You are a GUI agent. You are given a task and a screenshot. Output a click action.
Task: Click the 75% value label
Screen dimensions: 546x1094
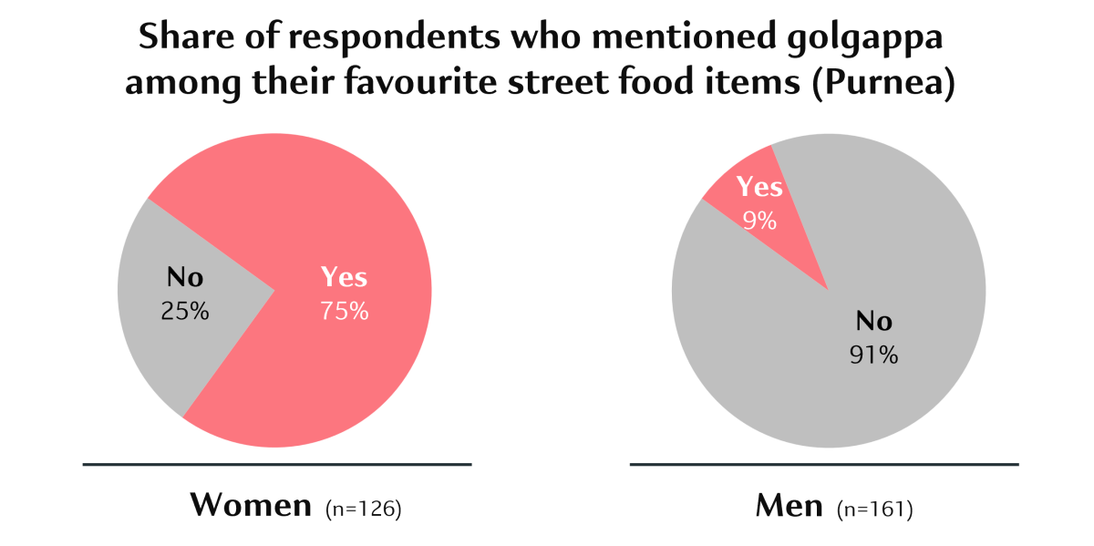[x=344, y=311]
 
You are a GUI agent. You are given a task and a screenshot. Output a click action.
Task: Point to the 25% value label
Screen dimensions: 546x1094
[x=185, y=311]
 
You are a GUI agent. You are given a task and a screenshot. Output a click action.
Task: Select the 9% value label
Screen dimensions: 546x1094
[x=759, y=220]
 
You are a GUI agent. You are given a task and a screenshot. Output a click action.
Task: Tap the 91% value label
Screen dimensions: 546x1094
[x=873, y=355]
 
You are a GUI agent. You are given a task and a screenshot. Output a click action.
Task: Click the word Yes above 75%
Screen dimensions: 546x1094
[x=344, y=278]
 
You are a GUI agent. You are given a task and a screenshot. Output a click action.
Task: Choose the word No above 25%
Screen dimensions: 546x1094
[x=185, y=278]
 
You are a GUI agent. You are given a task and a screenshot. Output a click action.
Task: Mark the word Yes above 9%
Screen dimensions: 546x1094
[x=759, y=187]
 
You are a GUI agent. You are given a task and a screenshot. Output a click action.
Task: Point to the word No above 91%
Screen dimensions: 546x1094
[x=873, y=322]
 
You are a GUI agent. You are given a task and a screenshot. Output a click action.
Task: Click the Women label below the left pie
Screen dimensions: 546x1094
[x=251, y=506]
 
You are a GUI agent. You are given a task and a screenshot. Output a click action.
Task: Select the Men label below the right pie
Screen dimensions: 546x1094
[x=790, y=506]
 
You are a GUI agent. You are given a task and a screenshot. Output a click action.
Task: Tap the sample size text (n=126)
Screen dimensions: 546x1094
[x=364, y=509]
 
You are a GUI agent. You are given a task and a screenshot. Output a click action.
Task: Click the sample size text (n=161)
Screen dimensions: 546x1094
[x=875, y=509]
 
